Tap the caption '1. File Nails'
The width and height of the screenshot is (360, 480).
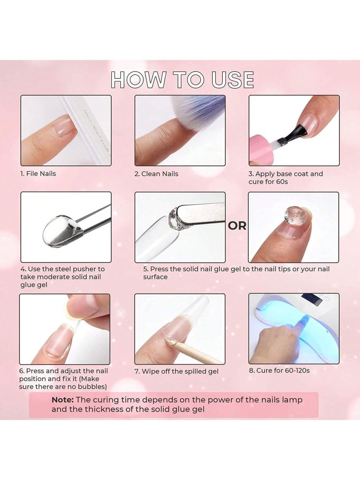click(38, 174)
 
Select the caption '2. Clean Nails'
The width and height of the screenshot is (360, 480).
click(156, 174)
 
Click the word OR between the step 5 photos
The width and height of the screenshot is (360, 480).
click(237, 226)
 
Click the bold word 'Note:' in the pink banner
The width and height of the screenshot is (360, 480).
click(63, 400)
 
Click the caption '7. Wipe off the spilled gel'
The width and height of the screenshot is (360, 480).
click(177, 372)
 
